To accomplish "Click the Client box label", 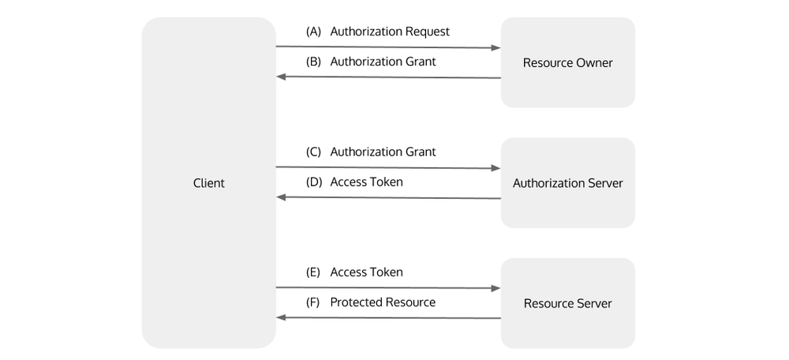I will (x=208, y=183).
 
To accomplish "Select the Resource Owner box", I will (x=567, y=62).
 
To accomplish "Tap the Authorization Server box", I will (x=567, y=183).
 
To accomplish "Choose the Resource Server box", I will (x=567, y=303).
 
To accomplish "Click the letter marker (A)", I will (x=313, y=32).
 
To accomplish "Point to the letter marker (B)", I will (x=313, y=62).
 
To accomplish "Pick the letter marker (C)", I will (x=313, y=152).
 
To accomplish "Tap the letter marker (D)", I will (x=313, y=182).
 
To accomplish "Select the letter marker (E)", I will (x=313, y=272).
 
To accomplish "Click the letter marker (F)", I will (x=313, y=302).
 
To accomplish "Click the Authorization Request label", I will (x=390, y=32).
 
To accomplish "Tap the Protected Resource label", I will (x=383, y=302).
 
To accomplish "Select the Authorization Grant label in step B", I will (x=383, y=62).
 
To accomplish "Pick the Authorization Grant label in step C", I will (x=383, y=152).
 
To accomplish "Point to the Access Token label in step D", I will (x=366, y=182).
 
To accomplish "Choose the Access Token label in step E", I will (x=366, y=272).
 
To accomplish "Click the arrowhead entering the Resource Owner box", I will (x=496, y=48).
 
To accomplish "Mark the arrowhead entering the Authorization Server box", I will (x=496, y=168).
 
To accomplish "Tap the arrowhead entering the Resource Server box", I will (x=496, y=289).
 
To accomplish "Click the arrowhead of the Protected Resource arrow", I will (x=281, y=317).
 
